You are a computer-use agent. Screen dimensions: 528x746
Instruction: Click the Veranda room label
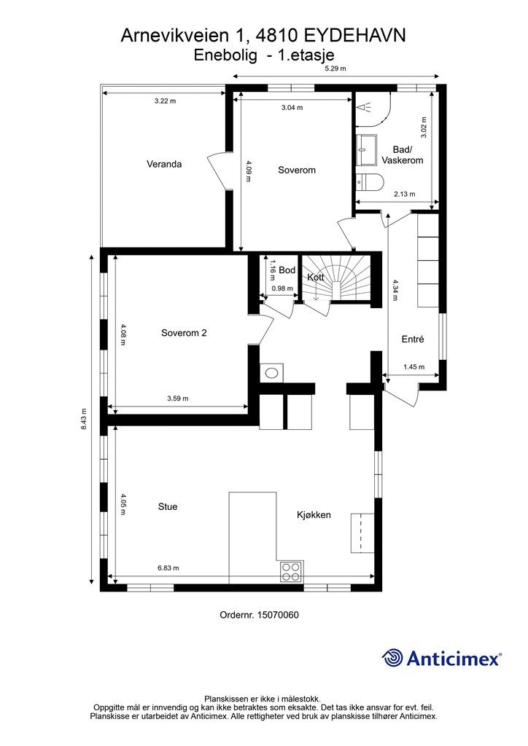pyautogui.click(x=164, y=164)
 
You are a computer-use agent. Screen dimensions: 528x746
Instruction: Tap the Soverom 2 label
pyautogui.click(x=184, y=333)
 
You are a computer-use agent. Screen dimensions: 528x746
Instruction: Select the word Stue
pyautogui.click(x=168, y=507)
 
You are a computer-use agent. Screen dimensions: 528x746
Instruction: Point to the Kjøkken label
pyautogui.click(x=314, y=515)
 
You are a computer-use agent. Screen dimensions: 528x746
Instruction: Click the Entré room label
pyautogui.click(x=413, y=339)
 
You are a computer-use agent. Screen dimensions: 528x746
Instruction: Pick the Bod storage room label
pyautogui.click(x=287, y=270)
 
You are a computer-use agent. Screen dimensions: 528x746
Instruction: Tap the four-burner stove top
pyautogui.click(x=291, y=572)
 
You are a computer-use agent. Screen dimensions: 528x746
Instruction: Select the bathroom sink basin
pyautogui.click(x=367, y=149)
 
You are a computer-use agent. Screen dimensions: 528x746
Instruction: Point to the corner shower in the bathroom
pyautogui.click(x=373, y=109)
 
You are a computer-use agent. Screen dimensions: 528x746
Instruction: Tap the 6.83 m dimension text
pyautogui.click(x=168, y=568)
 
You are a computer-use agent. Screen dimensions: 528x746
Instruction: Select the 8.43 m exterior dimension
pyautogui.click(x=84, y=419)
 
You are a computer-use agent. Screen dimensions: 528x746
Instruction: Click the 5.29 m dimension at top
pyautogui.click(x=335, y=68)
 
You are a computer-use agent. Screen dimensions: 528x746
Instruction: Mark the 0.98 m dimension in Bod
pyautogui.click(x=282, y=288)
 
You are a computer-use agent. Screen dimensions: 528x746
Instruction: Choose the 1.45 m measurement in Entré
pyautogui.click(x=414, y=367)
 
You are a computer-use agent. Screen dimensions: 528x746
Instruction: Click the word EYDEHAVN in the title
pyautogui.click(x=354, y=36)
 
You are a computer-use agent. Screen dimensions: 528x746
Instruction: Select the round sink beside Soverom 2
pyautogui.click(x=272, y=373)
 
